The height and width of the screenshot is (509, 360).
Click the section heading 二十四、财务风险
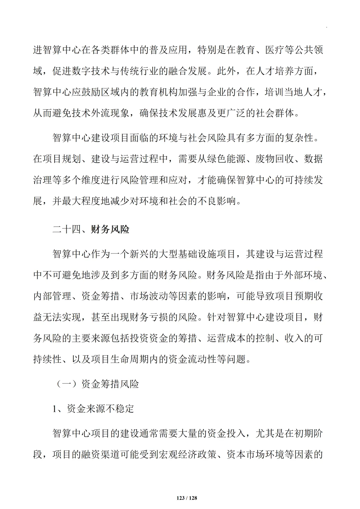click(x=91, y=229)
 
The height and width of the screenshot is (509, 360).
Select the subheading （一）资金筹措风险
click(x=96, y=384)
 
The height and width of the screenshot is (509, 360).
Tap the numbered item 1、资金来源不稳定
click(x=93, y=408)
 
